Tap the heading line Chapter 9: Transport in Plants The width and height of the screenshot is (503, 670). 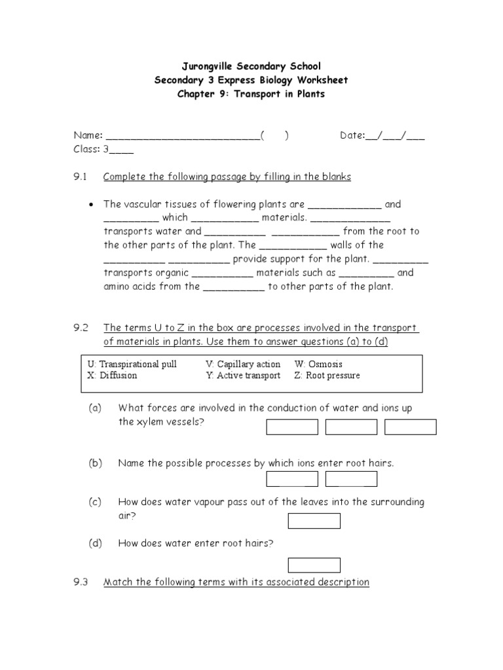pos(251,94)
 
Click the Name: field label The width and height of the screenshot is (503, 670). pos(88,135)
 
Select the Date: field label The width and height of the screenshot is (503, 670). pos(352,135)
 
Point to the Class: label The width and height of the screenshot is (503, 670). pos(86,149)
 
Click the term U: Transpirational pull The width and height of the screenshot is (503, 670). pos(132,364)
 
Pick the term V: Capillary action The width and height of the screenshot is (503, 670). pos(243,364)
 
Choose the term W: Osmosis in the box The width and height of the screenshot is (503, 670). pos(318,364)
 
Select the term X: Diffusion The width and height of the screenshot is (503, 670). pos(112,376)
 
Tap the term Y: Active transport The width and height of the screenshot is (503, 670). pos(243,376)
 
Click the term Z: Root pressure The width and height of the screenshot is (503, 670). pos(327,376)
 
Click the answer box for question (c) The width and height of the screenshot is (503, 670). pos(314,521)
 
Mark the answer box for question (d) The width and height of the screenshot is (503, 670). pos(314,565)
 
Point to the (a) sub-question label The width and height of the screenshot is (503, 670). pos(96,408)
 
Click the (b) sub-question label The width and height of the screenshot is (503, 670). pos(96,463)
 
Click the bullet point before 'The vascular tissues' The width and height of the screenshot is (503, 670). pos(91,204)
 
